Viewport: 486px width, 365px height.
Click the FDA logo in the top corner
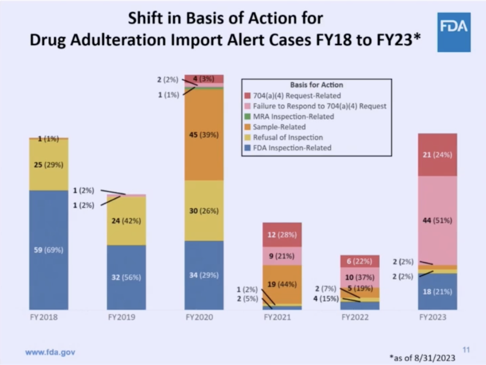click(453, 32)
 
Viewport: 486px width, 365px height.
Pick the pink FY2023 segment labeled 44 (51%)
click(437, 220)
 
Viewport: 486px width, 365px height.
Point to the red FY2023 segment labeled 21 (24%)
click(437, 155)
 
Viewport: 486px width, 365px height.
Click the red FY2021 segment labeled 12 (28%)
click(282, 235)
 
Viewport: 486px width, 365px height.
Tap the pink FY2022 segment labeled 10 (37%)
click(359, 277)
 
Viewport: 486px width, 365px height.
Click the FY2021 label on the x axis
click(282, 317)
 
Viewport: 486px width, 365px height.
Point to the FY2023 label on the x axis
click(437, 317)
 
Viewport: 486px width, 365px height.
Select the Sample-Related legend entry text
click(279, 127)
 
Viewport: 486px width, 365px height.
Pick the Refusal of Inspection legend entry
click(287, 138)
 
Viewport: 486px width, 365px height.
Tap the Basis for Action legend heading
click(316, 85)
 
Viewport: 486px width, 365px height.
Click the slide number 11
click(466, 349)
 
